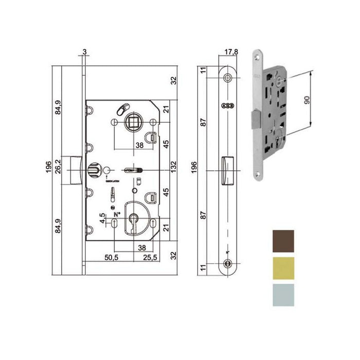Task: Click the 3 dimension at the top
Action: click(83, 52)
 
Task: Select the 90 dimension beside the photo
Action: click(307, 100)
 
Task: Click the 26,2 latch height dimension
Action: click(58, 166)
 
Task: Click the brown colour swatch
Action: click(282, 241)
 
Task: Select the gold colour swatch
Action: click(282, 268)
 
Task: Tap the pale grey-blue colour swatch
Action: click(282, 295)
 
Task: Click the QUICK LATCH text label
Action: click(112, 181)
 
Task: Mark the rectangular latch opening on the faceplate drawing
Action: click(227, 170)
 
